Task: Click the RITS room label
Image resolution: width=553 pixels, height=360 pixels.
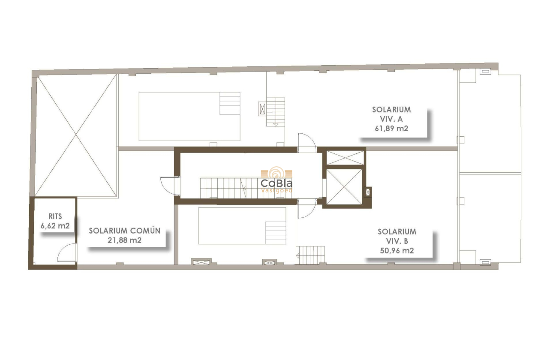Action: pos(55,217)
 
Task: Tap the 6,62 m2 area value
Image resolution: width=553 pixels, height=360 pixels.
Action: pos(55,226)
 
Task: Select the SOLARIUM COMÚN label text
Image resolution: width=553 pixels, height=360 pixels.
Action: pos(125,231)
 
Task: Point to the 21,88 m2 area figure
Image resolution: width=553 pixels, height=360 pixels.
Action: pos(125,240)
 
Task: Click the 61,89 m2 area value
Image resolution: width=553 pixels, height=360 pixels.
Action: pos(391,128)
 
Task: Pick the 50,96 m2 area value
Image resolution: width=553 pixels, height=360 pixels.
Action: pos(397,251)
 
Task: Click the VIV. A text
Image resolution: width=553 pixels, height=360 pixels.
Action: pos(391,119)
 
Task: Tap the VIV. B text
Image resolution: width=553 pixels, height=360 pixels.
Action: pos(397,241)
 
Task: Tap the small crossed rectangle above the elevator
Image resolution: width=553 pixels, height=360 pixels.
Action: pos(345,157)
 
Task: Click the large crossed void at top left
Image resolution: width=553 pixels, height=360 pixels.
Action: pos(76,136)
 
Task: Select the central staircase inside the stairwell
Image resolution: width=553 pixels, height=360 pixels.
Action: pos(223,188)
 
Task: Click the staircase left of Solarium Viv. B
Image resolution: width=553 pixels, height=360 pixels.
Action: pos(310,255)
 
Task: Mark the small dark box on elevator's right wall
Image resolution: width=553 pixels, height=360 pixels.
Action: pos(367,192)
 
